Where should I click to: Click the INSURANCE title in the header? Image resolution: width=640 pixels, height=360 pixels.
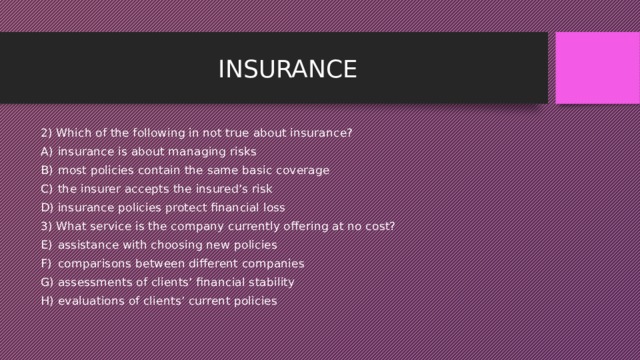287,69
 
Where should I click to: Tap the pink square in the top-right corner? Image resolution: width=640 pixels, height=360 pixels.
597,67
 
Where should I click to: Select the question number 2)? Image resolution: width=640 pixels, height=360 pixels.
47,133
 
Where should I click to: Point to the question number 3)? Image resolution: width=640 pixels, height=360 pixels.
47,226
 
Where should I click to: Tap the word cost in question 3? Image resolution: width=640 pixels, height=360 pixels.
380,226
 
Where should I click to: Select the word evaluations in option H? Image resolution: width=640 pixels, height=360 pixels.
89,301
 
